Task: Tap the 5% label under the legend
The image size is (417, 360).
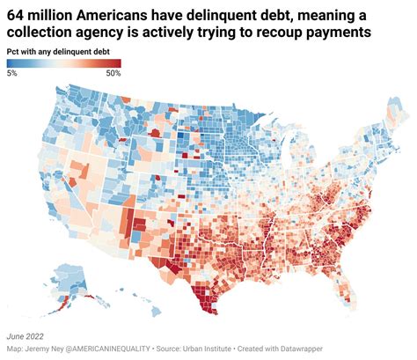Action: click(x=11, y=73)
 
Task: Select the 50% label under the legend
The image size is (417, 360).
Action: click(x=113, y=73)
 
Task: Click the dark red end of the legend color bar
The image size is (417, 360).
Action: click(x=115, y=63)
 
